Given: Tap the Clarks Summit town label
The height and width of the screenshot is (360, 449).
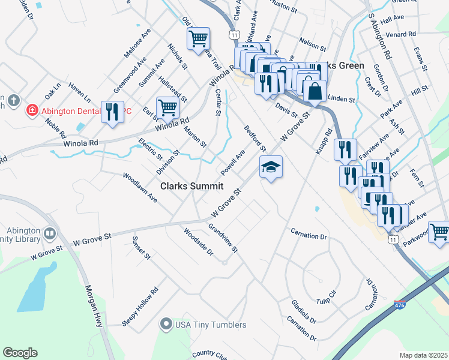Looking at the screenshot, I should click(191, 187).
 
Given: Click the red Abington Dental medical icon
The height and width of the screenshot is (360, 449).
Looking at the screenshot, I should click(31, 110).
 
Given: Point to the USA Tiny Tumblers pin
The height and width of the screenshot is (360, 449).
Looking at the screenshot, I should click(166, 325).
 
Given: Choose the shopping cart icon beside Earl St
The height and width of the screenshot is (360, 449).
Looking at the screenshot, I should click(167, 108).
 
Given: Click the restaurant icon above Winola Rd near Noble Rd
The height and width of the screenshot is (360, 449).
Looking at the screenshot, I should click(112, 112).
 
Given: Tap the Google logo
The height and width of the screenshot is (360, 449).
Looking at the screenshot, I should click(20, 353).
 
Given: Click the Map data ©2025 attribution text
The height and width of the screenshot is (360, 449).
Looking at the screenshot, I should click(423, 355).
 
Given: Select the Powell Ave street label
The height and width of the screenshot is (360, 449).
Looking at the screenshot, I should click(233, 160).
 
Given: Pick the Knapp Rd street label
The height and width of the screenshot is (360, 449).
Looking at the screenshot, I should click(322, 142).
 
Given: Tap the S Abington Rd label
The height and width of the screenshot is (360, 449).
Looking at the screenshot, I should click(380, 37).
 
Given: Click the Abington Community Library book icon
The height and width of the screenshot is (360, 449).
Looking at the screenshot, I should click(50, 232).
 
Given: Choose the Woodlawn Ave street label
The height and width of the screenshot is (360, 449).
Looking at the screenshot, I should click(140, 187).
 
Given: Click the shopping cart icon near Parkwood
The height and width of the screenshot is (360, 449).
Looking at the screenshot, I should click(439, 232).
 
